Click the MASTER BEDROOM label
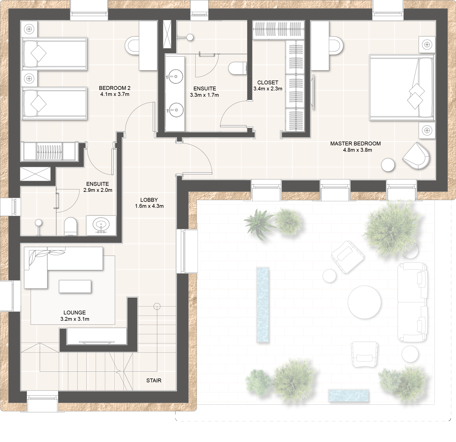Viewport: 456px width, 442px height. tap(355, 143)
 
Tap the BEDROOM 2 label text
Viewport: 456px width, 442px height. tap(115, 88)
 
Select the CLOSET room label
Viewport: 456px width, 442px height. tap(268, 82)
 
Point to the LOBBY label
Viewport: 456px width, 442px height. tap(149, 200)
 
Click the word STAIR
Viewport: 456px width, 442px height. tap(154, 380)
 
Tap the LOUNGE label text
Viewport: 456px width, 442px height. tap(75, 313)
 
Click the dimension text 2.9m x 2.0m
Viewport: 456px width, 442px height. tap(98, 190)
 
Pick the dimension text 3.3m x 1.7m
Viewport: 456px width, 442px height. tap(204, 95)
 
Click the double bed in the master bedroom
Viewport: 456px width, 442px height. tap(402, 87)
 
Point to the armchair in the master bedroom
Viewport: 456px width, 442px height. tap(416, 156)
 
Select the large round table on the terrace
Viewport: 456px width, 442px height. tap(364, 302)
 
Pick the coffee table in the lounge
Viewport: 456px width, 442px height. tap(75, 286)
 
